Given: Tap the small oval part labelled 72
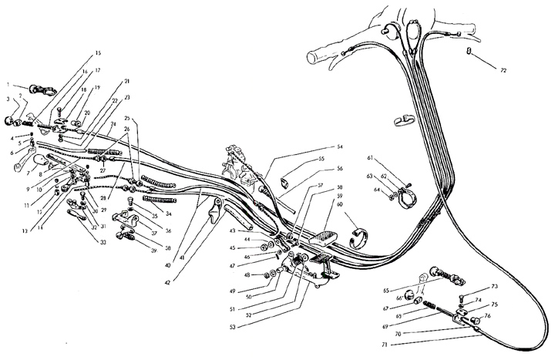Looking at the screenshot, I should (x=469, y=52).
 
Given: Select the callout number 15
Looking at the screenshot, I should (x=97, y=53).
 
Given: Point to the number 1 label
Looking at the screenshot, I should (x=8, y=83).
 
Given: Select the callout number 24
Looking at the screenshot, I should (x=113, y=125).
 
